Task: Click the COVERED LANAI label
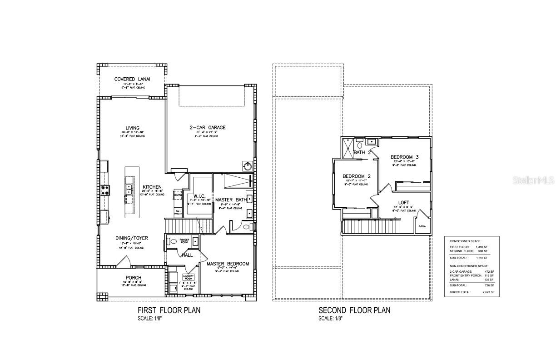coord(132,79)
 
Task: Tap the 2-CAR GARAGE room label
coord(208,128)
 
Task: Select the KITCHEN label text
coord(152,187)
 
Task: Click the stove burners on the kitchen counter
coord(104,190)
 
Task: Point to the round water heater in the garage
coord(248,167)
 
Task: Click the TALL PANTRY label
coord(178,212)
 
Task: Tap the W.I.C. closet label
coord(199,196)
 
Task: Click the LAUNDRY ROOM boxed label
coord(188,276)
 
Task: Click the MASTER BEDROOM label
coord(228,264)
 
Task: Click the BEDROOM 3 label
coord(404,157)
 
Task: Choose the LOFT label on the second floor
coord(404,203)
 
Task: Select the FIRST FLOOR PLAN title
coord(169,310)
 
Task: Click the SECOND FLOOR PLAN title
coord(354,310)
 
